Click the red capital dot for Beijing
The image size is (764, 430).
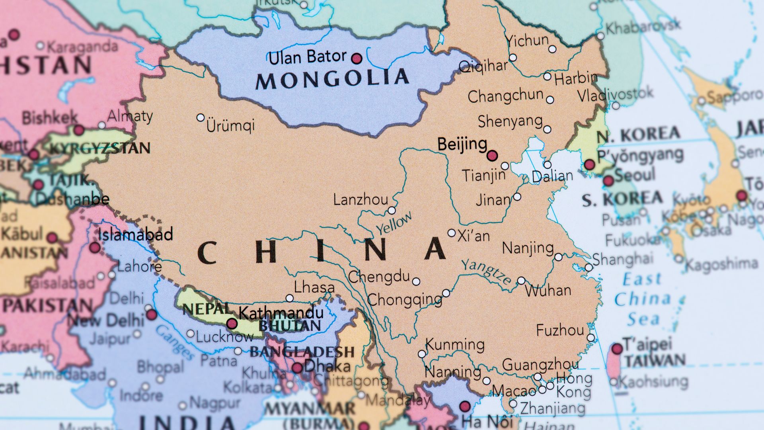pos(492,155)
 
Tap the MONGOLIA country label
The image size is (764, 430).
pos(332,79)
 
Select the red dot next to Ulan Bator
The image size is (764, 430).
pos(357,59)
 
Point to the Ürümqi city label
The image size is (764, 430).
pos(230,126)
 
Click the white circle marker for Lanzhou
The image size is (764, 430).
pos(392,210)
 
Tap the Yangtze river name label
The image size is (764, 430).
pos(486,272)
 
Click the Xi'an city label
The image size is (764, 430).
pos(474,236)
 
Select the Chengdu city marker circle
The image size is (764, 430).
pos(416,281)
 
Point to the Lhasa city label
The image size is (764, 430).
pos(314,287)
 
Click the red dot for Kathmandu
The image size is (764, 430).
pos(232,323)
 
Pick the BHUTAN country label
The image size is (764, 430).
pos(290,326)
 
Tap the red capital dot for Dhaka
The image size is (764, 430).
pos(297,367)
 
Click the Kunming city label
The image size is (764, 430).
pos(455,344)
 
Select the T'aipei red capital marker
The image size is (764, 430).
pos(617,349)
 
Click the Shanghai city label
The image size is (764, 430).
pos(622,259)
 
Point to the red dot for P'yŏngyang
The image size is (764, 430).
pos(589,164)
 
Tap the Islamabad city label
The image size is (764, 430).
pos(135,234)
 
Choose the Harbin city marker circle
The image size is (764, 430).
pos(547,76)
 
